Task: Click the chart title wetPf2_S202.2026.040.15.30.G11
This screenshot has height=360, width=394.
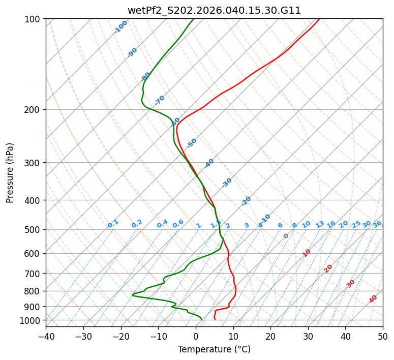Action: click(x=214, y=10)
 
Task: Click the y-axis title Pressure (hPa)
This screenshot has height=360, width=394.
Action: click(x=10, y=172)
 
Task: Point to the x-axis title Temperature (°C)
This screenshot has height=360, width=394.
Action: click(x=214, y=349)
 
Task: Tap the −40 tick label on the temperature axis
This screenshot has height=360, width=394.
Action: click(x=46, y=336)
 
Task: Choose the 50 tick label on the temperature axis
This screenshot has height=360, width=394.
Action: click(x=383, y=336)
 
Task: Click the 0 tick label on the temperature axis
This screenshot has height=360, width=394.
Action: click(x=196, y=336)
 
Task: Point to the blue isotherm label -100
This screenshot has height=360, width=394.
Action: click(x=120, y=27)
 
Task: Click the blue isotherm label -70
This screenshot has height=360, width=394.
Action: click(x=160, y=100)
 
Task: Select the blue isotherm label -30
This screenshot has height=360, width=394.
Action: click(x=227, y=183)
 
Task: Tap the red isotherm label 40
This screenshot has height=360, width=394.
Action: click(x=373, y=299)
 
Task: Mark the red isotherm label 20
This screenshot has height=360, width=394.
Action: click(x=328, y=268)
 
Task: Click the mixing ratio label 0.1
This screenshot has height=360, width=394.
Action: click(x=113, y=223)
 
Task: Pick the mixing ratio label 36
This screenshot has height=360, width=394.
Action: click(x=377, y=224)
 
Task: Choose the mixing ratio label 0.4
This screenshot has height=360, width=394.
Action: click(x=162, y=224)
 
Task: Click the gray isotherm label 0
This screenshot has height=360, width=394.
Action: click(x=286, y=236)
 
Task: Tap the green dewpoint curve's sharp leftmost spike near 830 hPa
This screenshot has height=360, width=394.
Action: click(x=133, y=295)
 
